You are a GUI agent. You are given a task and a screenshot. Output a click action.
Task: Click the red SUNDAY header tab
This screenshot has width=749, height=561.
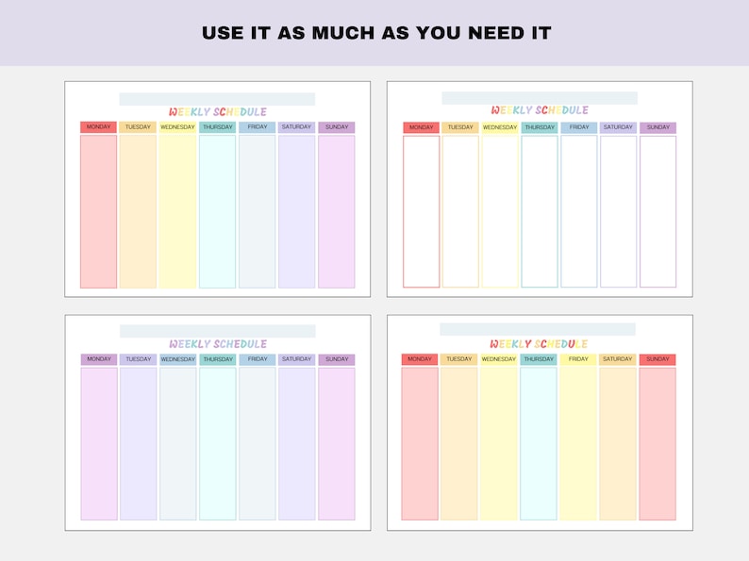click(x=657, y=359)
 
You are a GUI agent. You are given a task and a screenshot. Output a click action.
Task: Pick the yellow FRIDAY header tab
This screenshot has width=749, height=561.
click(x=578, y=359)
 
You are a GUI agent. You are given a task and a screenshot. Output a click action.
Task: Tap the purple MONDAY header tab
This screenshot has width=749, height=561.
click(x=99, y=359)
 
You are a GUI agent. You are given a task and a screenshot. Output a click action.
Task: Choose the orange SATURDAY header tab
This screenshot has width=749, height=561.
click(x=618, y=359)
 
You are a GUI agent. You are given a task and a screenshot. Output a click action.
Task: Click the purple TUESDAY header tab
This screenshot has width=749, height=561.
click(x=139, y=359)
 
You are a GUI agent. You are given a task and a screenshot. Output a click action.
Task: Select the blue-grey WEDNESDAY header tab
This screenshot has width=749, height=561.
click(x=177, y=359)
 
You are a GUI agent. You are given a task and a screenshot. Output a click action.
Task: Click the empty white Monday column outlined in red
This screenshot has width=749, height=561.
click(x=422, y=211)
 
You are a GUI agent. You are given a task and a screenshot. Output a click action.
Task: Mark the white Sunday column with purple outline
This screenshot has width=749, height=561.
click(x=657, y=211)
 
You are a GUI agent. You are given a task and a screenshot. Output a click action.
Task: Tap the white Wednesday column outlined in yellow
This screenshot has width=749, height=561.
click(x=500, y=211)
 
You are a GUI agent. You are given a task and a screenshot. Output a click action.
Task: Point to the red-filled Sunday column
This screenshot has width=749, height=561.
click(x=657, y=443)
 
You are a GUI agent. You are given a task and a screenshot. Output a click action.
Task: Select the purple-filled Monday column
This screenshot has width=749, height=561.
click(x=99, y=443)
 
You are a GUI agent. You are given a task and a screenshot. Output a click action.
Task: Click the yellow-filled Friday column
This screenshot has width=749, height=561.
click(x=578, y=443)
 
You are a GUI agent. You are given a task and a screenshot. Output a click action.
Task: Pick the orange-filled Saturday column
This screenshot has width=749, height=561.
click(x=618, y=443)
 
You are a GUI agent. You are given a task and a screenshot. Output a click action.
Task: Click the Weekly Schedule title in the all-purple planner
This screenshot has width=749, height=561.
click(x=218, y=344)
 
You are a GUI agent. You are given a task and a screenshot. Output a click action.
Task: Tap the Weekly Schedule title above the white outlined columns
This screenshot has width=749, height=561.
click(x=540, y=110)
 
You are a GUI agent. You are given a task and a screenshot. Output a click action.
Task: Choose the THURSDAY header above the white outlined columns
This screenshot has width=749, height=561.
click(x=540, y=127)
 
